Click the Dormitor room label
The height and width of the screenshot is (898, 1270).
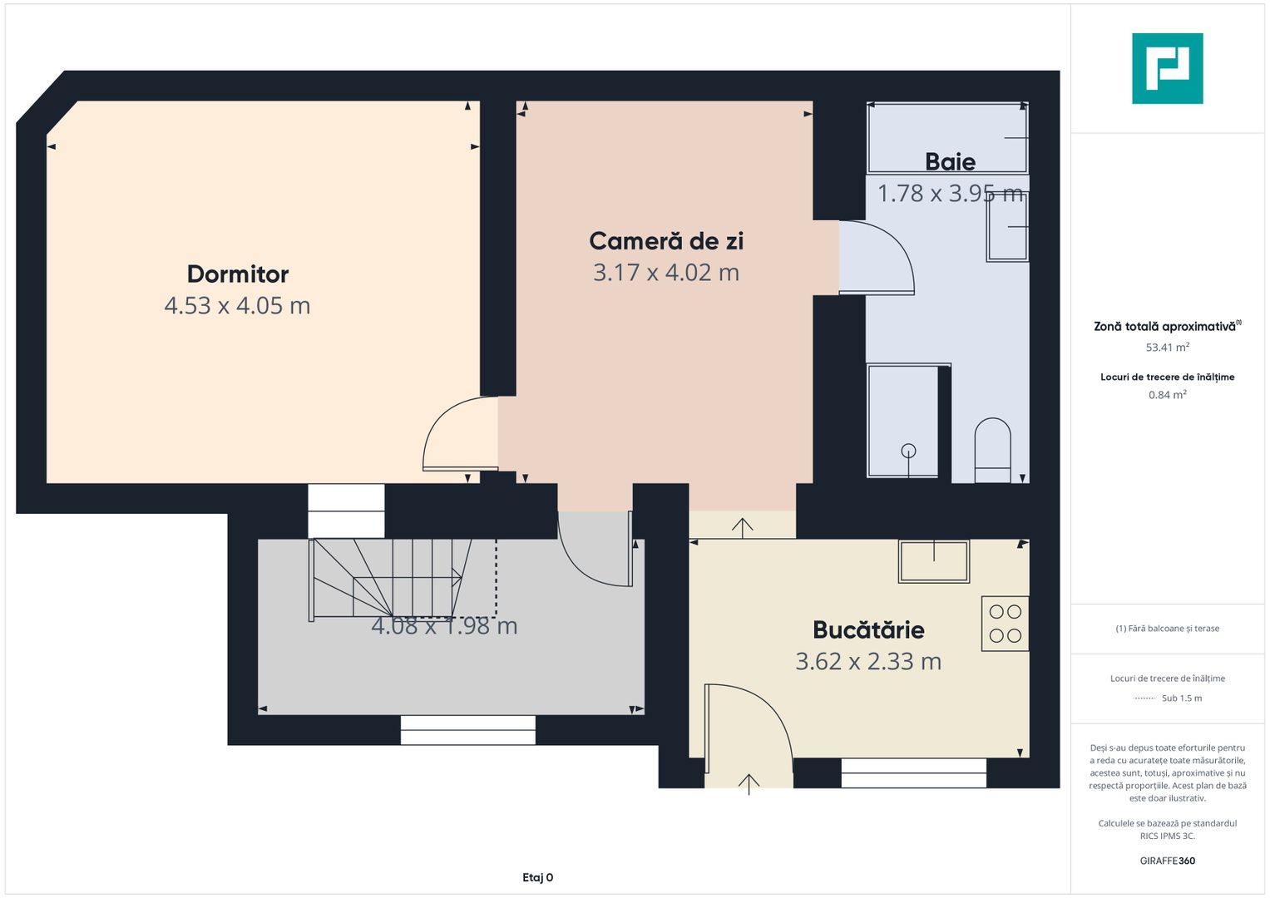238,274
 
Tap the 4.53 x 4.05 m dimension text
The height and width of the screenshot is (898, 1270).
238,306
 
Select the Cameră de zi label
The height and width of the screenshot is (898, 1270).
666,241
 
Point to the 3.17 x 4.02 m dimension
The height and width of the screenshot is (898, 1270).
666,273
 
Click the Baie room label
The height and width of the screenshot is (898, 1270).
951,162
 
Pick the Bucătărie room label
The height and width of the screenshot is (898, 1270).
868,630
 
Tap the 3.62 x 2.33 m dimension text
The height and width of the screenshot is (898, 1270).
868,662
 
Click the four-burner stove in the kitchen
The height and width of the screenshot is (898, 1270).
1006,624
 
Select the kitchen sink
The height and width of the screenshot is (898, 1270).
934,561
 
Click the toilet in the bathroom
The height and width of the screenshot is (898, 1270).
992,451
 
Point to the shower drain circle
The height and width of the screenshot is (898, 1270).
908,451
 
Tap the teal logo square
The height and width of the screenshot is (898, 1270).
1168,68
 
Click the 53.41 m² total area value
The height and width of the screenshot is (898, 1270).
1168,347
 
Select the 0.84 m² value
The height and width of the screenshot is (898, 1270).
1168,395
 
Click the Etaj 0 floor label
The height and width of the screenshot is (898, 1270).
537,877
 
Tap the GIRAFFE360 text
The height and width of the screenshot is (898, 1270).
1168,861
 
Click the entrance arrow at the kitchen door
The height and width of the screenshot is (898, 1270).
749,785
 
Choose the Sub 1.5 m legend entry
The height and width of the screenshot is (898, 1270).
1182,698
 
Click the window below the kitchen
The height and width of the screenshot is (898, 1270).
913,773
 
